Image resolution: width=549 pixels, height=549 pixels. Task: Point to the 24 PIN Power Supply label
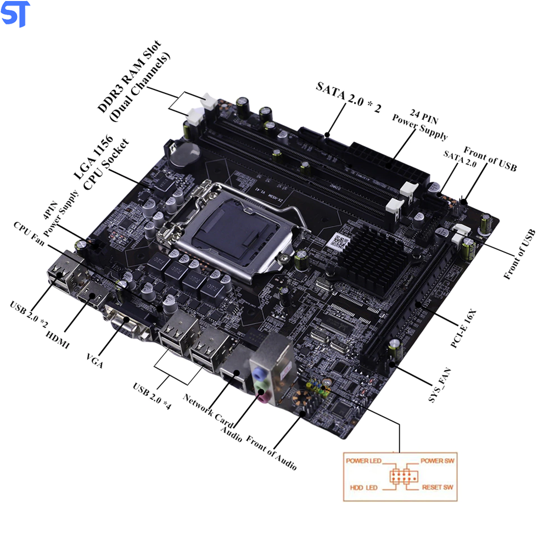(x=419, y=126)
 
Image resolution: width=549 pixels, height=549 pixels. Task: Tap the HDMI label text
(x=58, y=339)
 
